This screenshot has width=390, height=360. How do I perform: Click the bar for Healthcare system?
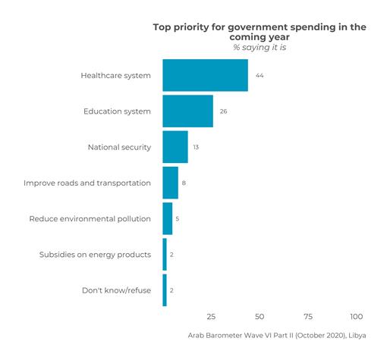[205, 75]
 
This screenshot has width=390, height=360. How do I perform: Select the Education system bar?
[187, 111]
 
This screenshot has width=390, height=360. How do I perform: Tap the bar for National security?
[175, 147]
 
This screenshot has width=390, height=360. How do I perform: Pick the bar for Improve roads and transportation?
[170, 183]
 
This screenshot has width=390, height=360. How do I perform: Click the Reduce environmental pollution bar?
[167, 219]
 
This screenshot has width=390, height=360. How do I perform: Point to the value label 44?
[259, 76]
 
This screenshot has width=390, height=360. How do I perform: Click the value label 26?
[224, 111]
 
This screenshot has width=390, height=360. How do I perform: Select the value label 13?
[196, 147]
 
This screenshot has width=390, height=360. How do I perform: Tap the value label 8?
[184, 183]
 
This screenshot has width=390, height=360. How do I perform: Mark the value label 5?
[178, 219]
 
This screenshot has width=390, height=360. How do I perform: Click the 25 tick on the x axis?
[211, 316]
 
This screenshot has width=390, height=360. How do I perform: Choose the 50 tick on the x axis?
[259, 316]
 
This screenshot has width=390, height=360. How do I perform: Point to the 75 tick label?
[308, 316]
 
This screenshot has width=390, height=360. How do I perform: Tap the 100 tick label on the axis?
[356, 316]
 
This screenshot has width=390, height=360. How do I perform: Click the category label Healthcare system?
[115, 75]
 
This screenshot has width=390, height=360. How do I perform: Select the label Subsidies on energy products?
[95, 255]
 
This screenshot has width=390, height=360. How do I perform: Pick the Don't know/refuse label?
[116, 290]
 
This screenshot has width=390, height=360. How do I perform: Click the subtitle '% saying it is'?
[259, 48]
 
